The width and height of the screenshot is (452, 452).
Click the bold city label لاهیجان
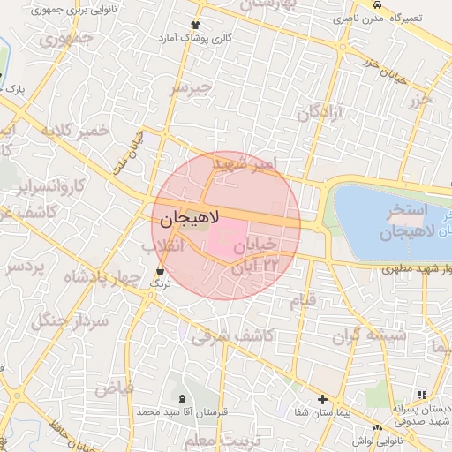click(x=190, y=216)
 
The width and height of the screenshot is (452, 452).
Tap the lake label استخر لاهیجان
click(x=407, y=223)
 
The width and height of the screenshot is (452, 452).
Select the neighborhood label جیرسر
click(x=192, y=88)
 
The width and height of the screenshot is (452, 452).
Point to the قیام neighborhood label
click(x=303, y=301)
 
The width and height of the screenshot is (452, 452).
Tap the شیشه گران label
click(x=369, y=336)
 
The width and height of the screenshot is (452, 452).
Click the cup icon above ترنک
click(x=160, y=271)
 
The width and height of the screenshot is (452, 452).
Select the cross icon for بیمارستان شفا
click(x=322, y=400)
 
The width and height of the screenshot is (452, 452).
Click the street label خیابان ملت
click(x=129, y=152)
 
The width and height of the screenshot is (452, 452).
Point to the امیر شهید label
click(x=251, y=164)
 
